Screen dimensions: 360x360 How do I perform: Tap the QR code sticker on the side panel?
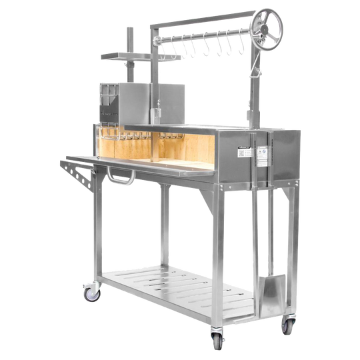(x=244, y=151)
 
